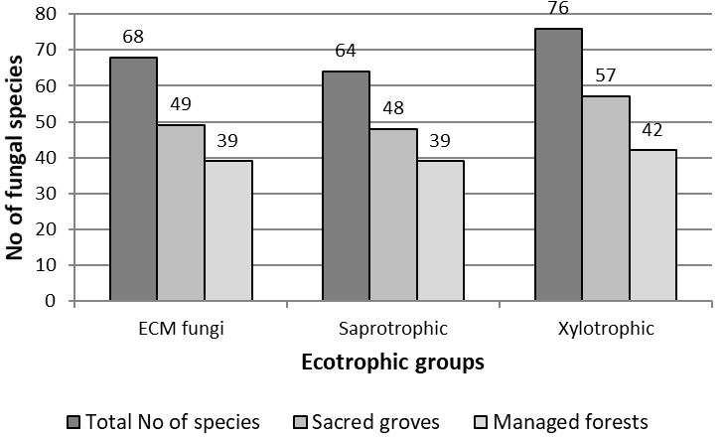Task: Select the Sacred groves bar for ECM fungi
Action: click(181, 213)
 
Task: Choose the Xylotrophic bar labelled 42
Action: click(653, 225)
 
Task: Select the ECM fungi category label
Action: click(181, 329)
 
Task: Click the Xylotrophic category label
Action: click(606, 329)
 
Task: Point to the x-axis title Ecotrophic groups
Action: click(393, 362)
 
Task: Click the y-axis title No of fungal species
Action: click(16, 159)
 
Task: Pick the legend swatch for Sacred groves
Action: click(299, 421)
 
